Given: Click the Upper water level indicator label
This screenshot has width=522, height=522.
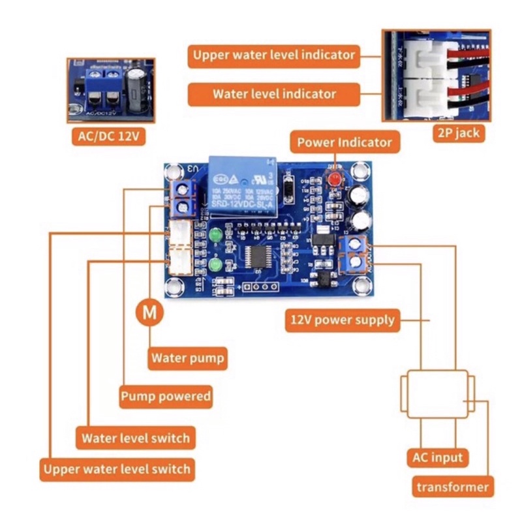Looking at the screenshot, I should tap(274, 54).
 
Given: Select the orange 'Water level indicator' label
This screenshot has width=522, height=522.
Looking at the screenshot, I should tap(274, 93).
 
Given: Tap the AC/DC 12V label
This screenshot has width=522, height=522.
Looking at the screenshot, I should tap(109, 137).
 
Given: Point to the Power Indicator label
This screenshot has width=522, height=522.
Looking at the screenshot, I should tap(345, 142).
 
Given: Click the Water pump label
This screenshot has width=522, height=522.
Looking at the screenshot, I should tap(188, 358).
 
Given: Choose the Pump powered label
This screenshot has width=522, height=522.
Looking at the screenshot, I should tap(166, 396).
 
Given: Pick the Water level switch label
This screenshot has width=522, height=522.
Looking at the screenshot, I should tap(135, 437).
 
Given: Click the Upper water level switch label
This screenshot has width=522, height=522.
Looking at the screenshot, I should tap(117, 468).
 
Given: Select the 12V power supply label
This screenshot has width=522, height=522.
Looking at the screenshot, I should tap(342, 320).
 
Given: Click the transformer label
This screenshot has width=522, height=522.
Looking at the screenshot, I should tap(452, 487).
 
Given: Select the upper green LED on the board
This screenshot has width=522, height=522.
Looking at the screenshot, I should tap(216, 233).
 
